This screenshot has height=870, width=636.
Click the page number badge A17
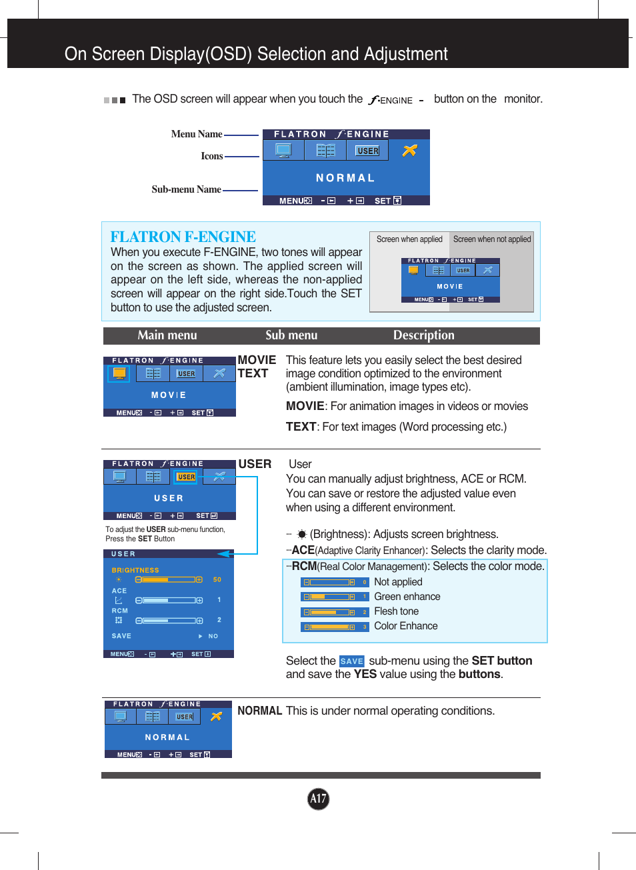318,799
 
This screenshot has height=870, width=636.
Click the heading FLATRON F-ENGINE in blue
183,237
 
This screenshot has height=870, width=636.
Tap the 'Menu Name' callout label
196,134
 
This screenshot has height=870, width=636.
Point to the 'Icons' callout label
211,156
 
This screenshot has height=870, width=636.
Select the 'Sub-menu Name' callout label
186,189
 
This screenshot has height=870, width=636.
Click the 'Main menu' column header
167,335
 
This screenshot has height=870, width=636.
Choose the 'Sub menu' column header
291,335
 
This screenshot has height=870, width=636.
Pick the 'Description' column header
423,335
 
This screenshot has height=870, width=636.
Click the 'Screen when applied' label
409,239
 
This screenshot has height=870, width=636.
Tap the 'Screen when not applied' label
492,239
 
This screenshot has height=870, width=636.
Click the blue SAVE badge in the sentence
351,661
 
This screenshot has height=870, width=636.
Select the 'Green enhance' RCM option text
407,597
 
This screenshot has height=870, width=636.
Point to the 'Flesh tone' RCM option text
396,611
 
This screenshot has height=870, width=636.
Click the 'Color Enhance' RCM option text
405,626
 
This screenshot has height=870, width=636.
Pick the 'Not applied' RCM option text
398,582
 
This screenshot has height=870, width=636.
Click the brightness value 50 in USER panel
217,579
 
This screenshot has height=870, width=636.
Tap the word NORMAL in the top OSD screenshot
345,178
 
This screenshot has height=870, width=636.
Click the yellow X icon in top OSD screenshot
409,151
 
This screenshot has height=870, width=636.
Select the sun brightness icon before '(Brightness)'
301,535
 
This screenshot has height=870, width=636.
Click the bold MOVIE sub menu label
257,360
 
